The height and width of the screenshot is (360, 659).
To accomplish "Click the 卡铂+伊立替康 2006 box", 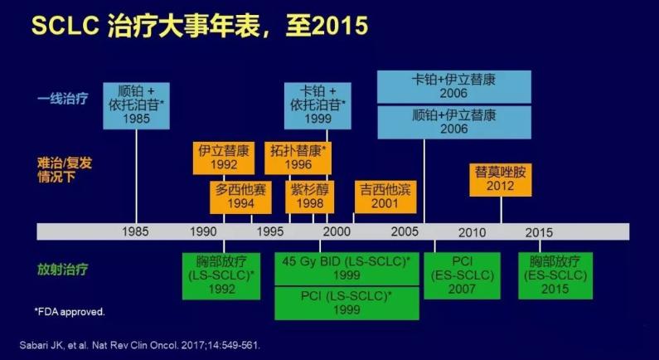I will coord(453,87).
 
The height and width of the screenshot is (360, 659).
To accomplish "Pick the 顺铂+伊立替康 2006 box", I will coord(453,122).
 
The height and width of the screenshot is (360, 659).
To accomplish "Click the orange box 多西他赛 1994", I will coord(241,197).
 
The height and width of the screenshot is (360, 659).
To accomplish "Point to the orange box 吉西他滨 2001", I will coord(385,197).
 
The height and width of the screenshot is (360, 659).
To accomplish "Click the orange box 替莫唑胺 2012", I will coord(500,178).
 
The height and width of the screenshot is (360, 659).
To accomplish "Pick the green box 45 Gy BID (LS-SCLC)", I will coord(346,268).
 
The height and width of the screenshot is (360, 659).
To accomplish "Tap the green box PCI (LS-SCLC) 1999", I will coord(346,302).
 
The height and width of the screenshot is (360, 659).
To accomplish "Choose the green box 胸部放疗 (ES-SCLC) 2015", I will coord(553,275).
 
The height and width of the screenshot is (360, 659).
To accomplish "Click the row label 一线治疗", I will coord(62,99).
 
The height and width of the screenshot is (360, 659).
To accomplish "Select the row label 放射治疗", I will coord(62,269).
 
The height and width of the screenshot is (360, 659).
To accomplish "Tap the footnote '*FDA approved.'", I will coord(70,312).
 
